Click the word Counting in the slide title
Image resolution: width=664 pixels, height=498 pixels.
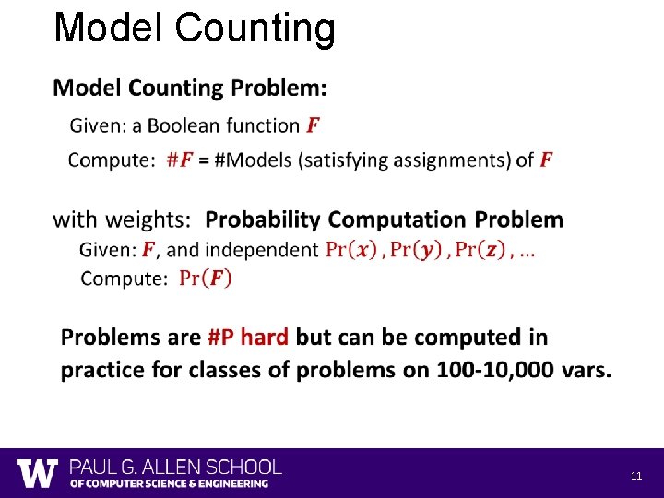click(254, 28)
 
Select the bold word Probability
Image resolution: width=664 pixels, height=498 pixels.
click(263, 219)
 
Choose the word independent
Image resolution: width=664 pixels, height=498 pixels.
click(261, 249)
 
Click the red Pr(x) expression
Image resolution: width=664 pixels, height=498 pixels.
click(351, 249)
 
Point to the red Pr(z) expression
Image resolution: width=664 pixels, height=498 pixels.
click(480, 249)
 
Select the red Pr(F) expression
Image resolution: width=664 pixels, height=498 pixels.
click(206, 278)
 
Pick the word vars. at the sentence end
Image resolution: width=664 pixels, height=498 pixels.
click(585, 370)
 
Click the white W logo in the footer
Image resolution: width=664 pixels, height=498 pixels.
click(37, 473)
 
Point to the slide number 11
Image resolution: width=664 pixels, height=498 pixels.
click(636, 476)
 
